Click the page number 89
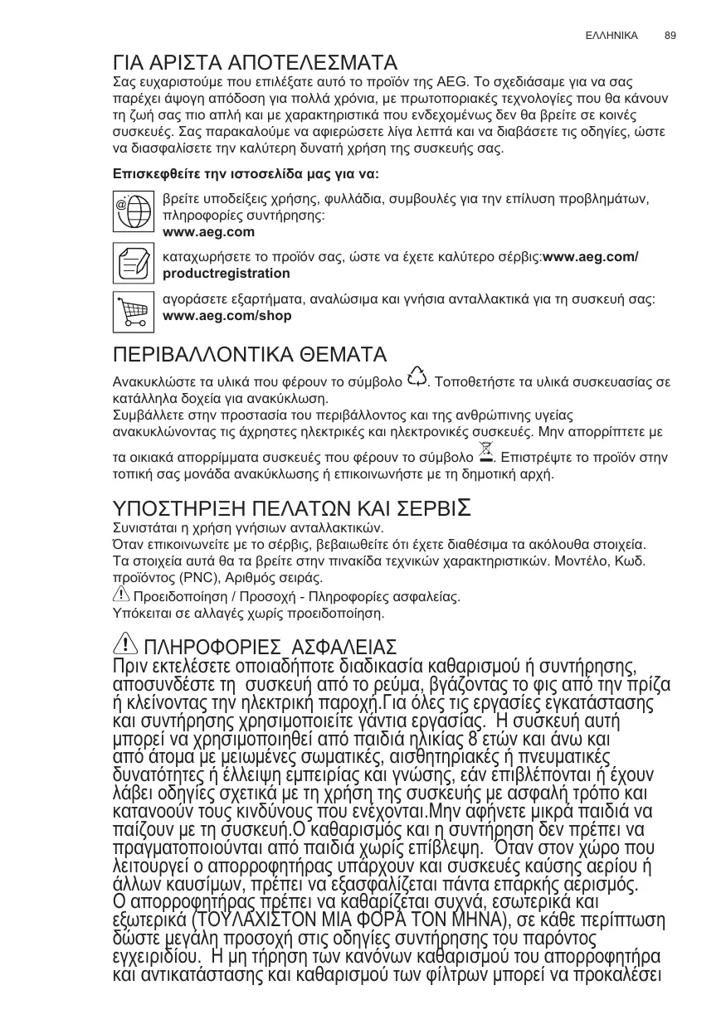point(670,36)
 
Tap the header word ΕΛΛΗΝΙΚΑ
point(611,36)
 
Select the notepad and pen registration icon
point(133,262)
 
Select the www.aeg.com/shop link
point(227,316)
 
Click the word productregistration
point(227,273)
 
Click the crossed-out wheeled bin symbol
point(487,453)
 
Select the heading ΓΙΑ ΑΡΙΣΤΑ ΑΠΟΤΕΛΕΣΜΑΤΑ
point(255,63)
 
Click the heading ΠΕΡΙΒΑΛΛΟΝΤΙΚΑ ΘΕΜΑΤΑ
point(250,355)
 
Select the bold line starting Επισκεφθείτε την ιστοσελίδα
point(246,175)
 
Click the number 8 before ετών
point(473,740)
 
